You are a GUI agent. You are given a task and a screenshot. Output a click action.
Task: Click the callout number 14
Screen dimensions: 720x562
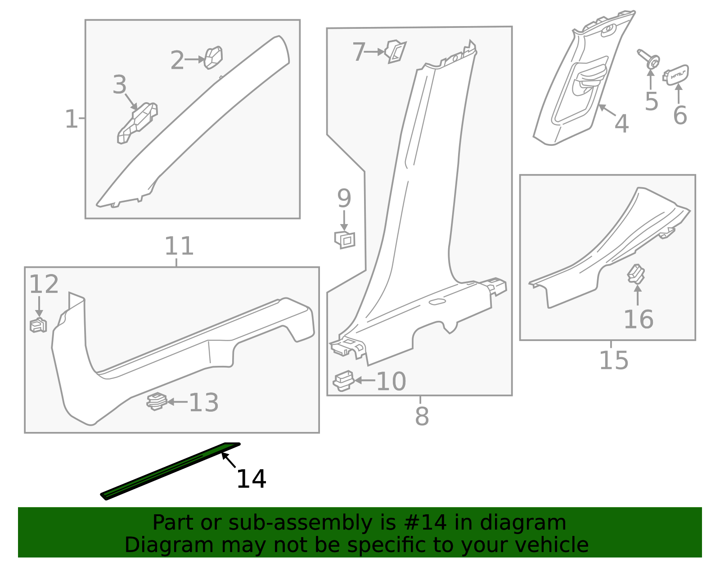251,479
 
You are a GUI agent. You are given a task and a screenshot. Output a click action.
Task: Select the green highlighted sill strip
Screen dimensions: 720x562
170,471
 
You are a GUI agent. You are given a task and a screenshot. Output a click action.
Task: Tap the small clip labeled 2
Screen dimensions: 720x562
213,58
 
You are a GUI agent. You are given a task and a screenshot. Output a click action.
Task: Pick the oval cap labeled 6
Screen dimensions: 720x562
676,75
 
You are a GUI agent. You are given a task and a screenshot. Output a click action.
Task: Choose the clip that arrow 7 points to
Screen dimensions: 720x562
396,51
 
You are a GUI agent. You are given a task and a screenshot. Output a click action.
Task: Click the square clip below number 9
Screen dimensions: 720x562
345,240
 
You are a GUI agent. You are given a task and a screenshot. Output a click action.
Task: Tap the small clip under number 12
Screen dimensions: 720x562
38,325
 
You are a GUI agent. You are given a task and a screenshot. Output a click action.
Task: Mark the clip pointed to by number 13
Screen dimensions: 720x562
157,402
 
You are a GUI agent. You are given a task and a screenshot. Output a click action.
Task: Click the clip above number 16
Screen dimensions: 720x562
636,274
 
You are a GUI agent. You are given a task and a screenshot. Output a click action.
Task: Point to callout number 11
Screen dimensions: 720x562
179,246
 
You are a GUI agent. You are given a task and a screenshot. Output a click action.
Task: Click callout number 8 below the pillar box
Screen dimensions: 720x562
422,416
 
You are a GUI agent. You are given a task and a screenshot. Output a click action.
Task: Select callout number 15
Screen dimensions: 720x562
614,360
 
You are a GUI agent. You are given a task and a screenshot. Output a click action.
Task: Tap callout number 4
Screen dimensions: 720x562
621,124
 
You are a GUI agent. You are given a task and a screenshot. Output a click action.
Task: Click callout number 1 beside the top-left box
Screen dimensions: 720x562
71,119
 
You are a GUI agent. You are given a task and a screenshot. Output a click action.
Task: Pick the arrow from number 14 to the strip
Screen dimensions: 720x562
229,460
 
